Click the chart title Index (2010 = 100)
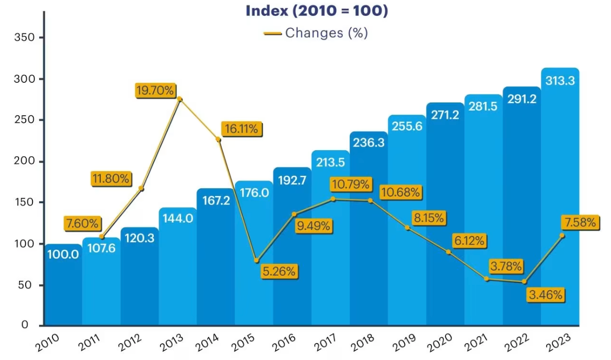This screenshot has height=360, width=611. pyautogui.click(x=316, y=11)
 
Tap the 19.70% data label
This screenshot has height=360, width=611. pyautogui.click(x=155, y=91)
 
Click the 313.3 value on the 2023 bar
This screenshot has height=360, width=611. pyautogui.click(x=560, y=80)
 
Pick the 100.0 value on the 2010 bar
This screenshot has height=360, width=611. pyautogui.click(x=63, y=254)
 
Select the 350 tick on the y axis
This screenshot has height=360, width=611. pyautogui.click(x=25, y=38)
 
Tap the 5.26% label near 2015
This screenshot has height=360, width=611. pyautogui.click(x=279, y=272)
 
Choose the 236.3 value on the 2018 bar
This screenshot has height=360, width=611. pyautogui.click(x=369, y=143)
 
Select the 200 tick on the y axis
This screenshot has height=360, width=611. pyautogui.click(x=25, y=161)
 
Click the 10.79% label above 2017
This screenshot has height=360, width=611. pyautogui.click(x=350, y=184)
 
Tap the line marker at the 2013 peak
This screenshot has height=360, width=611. pyautogui.click(x=179, y=99)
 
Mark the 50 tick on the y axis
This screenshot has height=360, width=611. pyautogui.click(x=28, y=285)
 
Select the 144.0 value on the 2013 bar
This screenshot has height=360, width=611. pyautogui.click(x=178, y=219)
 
